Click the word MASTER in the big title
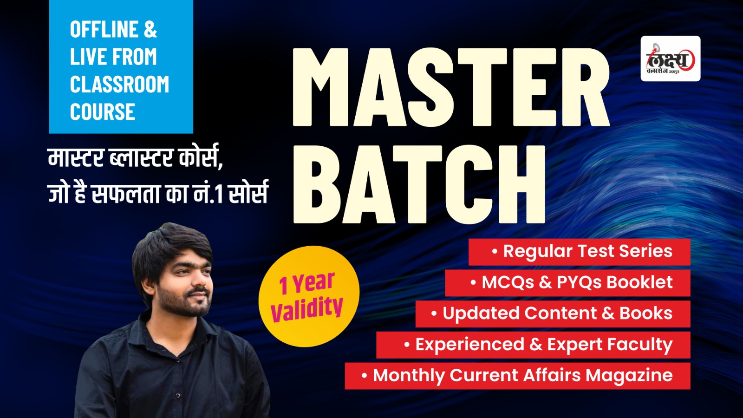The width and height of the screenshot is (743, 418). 451,87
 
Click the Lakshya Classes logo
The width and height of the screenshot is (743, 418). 671,59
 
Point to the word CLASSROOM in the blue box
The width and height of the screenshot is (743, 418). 119,84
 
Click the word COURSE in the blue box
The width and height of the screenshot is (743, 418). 103,111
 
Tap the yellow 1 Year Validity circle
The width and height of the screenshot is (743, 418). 309,296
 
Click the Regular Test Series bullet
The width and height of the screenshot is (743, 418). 579,252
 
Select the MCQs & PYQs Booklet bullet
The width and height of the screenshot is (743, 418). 567,283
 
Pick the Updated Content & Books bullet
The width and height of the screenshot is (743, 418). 553,314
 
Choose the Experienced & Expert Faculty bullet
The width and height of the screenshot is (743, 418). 534,345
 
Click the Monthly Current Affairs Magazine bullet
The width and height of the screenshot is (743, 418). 517,376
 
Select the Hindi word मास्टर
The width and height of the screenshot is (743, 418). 76,158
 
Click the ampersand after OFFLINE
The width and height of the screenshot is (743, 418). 150,29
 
